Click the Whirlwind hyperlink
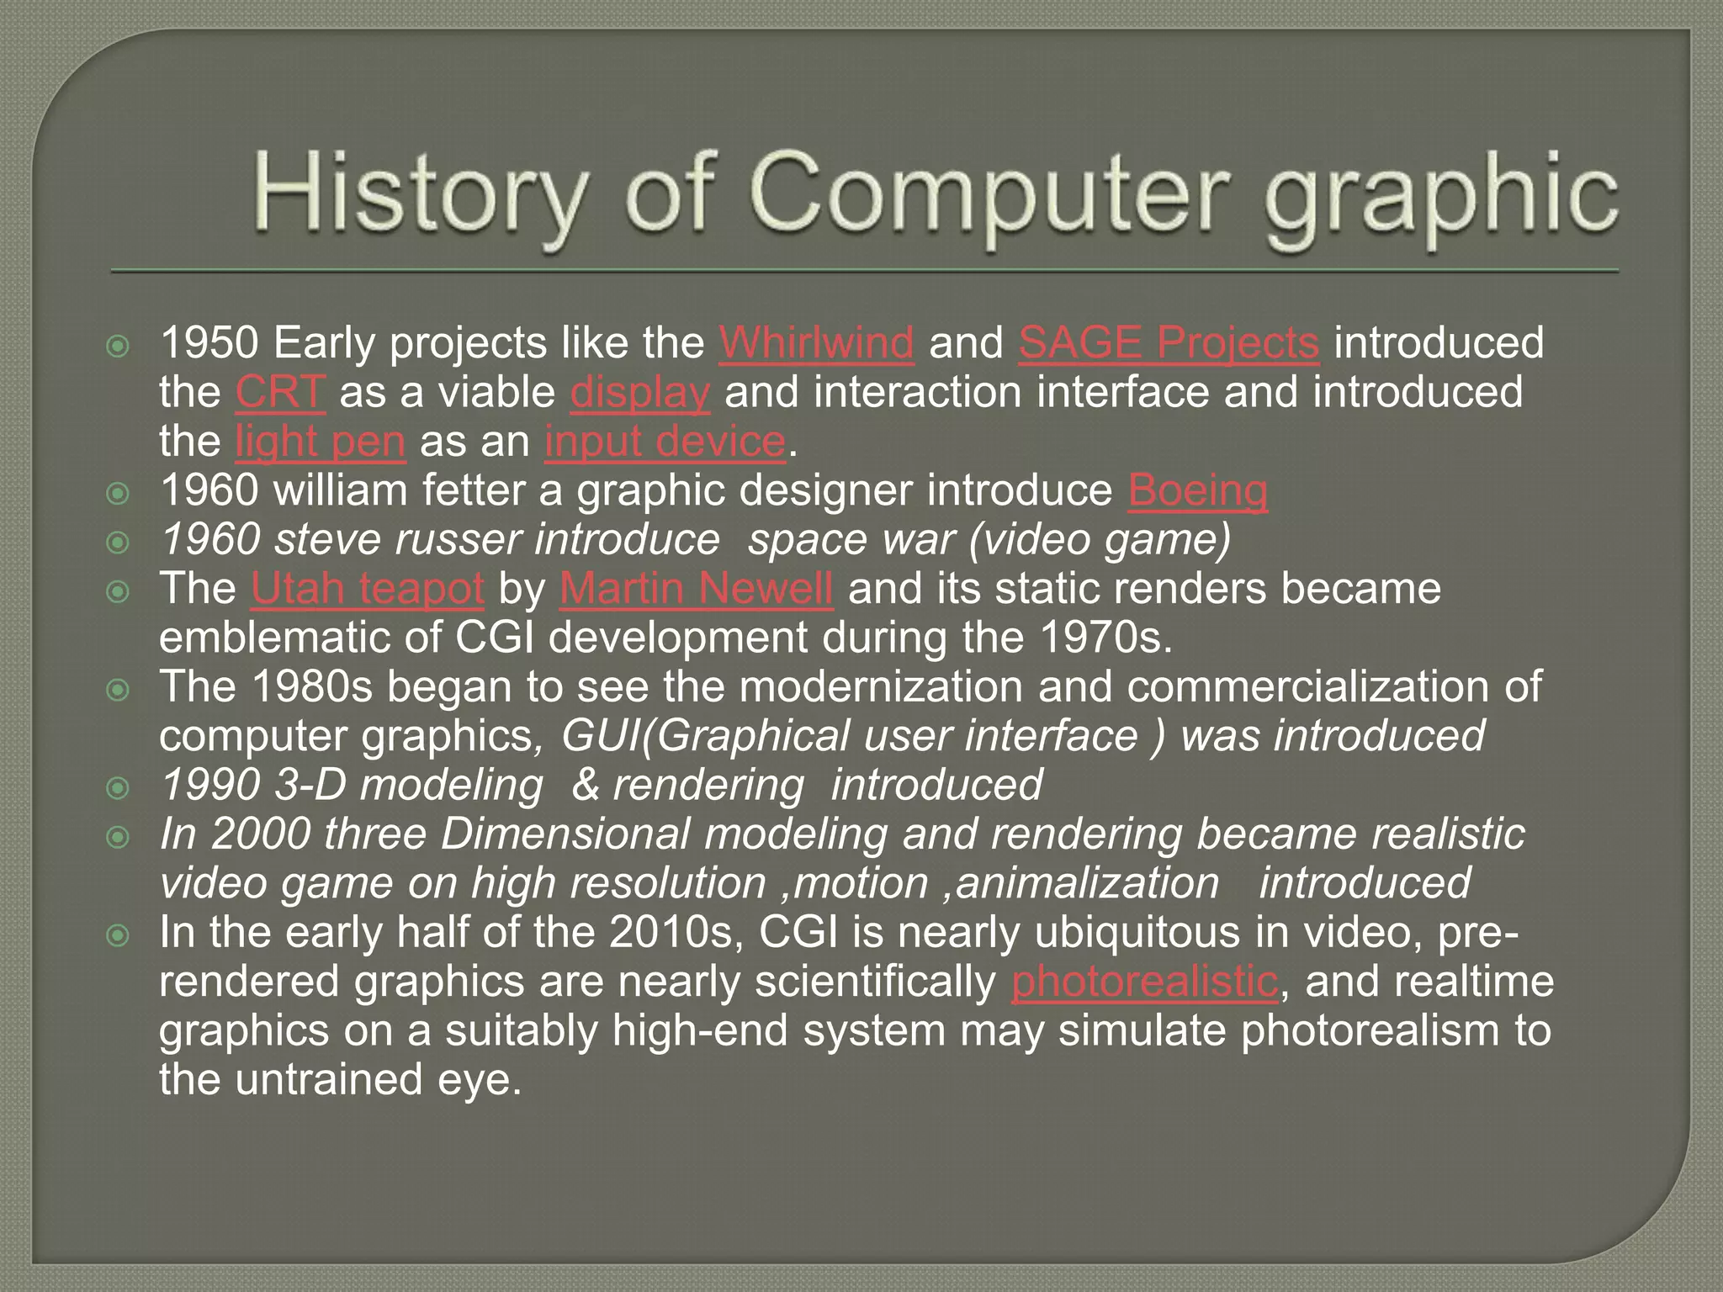click(x=815, y=343)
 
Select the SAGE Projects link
click(x=1168, y=343)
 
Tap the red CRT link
click(x=279, y=392)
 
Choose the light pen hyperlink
click(x=320, y=442)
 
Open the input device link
click(x=665, y=442)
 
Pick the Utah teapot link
click(x=367, y=589)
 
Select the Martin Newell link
click(x=696, y=589)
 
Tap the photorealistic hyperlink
click(x=1144, y=982)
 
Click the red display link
click(x=639, y=392)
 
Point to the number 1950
click(x=209, y=343)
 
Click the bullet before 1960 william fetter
click(x=119, y=493)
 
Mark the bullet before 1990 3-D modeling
click(x=119, y=787)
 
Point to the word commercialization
click(x=1307, y=686)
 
